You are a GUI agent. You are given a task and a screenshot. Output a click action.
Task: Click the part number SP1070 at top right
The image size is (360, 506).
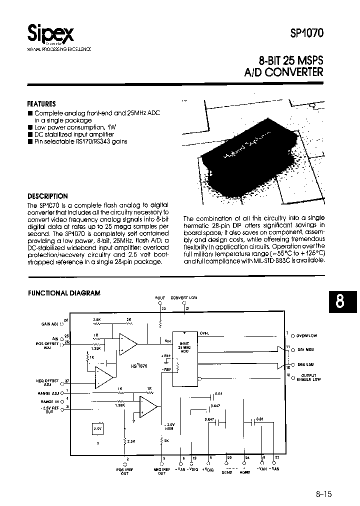coord(307,33)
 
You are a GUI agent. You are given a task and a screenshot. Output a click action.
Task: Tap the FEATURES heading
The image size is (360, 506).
coord(41,104)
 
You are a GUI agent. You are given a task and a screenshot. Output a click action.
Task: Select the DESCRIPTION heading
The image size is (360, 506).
coord(47,196)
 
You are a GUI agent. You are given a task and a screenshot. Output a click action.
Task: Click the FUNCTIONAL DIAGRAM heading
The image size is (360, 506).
coord(64,293)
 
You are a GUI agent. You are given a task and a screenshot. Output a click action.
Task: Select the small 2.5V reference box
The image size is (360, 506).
coord(98,429)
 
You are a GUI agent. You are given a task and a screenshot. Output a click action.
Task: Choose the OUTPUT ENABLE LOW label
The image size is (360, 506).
coord(308,377)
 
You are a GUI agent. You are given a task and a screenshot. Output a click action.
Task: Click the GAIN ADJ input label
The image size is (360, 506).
coord(50,323)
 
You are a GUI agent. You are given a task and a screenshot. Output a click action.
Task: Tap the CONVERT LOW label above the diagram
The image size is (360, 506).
coord(184,297)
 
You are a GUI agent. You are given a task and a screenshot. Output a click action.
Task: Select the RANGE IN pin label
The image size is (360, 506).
coord(50,401)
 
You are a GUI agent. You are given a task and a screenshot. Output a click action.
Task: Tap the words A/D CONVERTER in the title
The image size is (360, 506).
coord(283,72)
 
